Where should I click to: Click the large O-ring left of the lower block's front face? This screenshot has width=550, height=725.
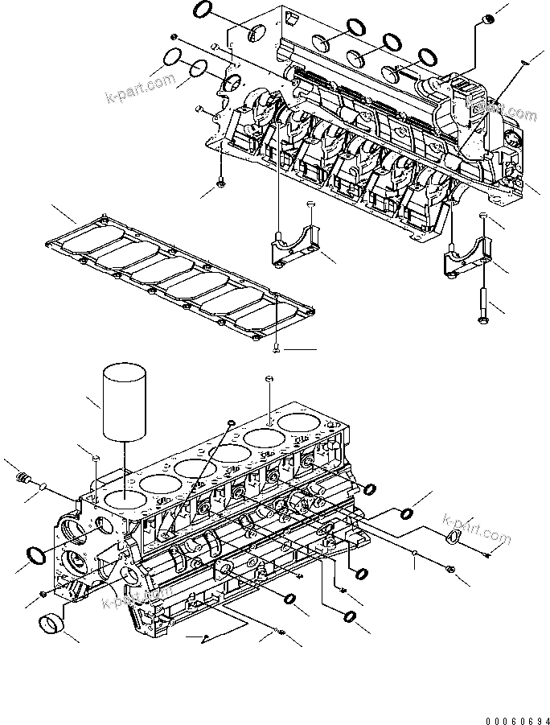click(x=37, y=554)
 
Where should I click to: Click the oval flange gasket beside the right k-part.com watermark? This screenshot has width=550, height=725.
click(x=454, y=536)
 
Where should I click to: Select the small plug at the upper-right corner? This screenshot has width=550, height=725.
click(x=486, y=19)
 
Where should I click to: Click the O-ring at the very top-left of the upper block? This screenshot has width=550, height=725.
click(x=205, y=10)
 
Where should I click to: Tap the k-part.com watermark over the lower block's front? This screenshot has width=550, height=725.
click(x=137, y=599)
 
